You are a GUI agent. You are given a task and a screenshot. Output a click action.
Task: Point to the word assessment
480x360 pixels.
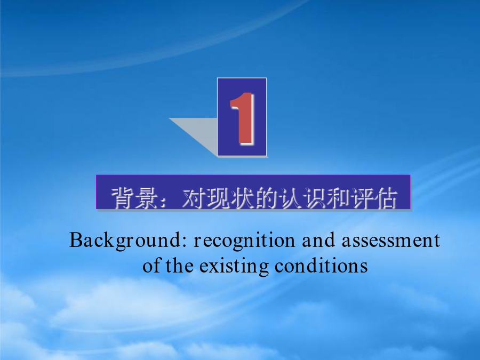(391, 241)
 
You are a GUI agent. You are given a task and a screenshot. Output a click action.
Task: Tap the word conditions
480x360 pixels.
(321, 266)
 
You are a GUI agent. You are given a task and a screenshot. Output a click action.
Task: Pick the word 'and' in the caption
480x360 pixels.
(318, 240)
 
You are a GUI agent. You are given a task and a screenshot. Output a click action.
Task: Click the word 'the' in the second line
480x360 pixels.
(180, 266)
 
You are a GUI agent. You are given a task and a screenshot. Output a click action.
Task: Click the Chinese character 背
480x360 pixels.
(122, 198)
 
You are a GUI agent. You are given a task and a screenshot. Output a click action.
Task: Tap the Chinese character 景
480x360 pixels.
(146, 198)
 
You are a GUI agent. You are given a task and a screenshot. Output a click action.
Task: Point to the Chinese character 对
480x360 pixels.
(194, 198)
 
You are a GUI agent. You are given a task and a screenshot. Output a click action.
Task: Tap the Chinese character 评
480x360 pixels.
(363, 198)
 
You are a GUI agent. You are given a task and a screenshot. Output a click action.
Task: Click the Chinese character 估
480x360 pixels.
(386, 198)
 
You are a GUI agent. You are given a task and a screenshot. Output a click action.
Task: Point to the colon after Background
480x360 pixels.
(185, 242)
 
